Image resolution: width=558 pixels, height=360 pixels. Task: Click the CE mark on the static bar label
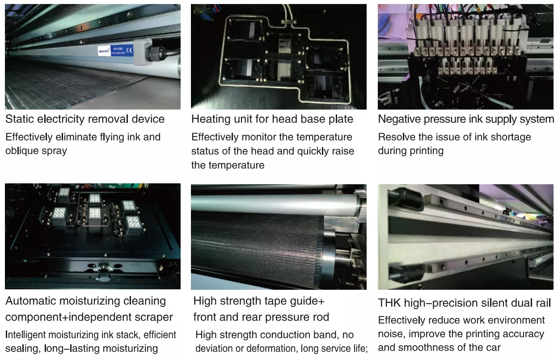(x=129, y=51)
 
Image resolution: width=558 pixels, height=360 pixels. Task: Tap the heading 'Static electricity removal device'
(x=85, y=119)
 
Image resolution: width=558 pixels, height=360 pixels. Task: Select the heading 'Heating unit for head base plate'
(x=272, y=119)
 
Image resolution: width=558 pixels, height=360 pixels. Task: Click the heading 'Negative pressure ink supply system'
(x=466, y=119)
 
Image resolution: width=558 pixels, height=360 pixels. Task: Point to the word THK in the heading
(x=389, y=303)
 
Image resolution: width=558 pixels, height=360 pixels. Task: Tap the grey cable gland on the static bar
(x=143, y=52)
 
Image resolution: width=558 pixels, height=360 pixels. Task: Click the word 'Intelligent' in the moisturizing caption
(x=25, y=335)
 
